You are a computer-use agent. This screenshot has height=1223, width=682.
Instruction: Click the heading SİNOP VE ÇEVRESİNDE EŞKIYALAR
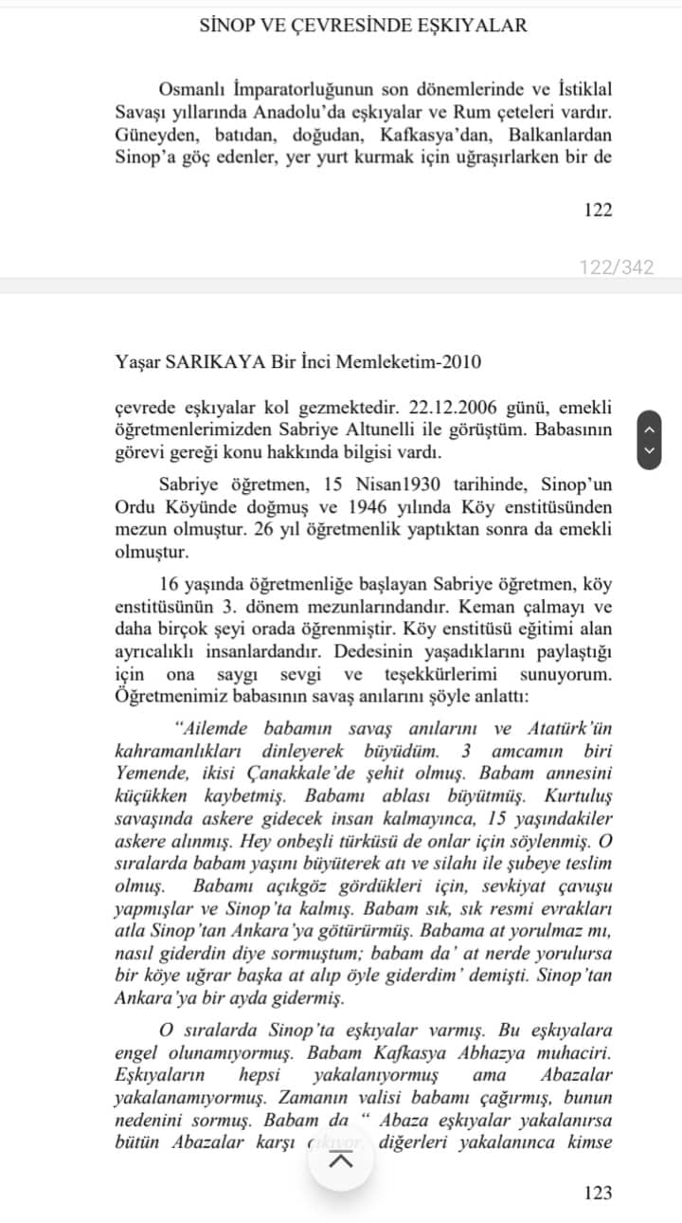coord(363,26)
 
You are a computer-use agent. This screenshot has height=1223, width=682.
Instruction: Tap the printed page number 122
coord(598,210)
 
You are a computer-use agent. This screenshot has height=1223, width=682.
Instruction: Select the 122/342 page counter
coord(617,267)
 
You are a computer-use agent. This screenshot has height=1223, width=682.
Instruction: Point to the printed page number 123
coord(598,1193)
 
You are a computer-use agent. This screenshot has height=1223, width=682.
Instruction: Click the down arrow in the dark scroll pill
coord(649,450)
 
